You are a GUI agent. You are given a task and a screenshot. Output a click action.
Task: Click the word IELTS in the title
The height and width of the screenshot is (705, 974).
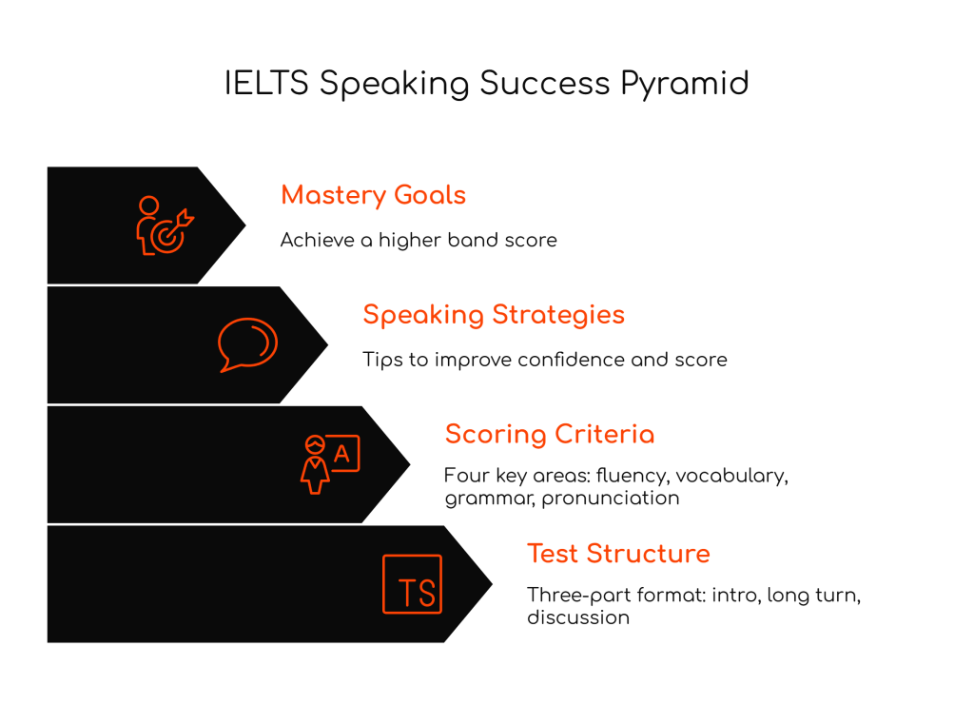click(x=266, y=83)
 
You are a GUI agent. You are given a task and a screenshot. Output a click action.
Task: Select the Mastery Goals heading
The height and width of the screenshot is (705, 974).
click(x=373, y=196)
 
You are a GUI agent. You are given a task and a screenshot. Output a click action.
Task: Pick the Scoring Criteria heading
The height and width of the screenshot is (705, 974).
click(x=550, y=434)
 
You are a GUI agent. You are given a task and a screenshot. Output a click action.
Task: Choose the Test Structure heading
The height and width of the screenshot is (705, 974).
click(x=618, y=554)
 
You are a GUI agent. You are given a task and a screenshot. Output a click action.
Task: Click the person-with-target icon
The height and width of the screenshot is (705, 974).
click(x=165, y=225)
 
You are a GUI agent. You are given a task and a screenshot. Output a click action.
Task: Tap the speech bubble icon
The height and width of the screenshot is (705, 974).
click(x=247, y=344)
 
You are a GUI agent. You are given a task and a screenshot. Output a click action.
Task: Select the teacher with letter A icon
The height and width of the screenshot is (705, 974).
click(x=330, y=464)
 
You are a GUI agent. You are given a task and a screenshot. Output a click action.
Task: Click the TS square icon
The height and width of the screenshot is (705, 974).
click(x=413, y=584)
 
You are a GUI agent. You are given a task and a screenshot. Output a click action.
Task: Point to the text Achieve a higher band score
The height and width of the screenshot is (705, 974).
click(x=419, y=240)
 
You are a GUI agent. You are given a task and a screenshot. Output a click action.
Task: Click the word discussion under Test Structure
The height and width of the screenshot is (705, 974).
click(x=578, y=617)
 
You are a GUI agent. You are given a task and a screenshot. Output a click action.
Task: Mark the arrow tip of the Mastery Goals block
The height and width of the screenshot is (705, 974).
click(x=245, y=225)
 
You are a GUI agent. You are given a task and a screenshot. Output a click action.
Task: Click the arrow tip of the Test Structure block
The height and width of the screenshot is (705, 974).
click(x=492, y=584)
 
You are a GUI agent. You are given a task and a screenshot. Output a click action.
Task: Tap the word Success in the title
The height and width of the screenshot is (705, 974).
click(x=545, y=83)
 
